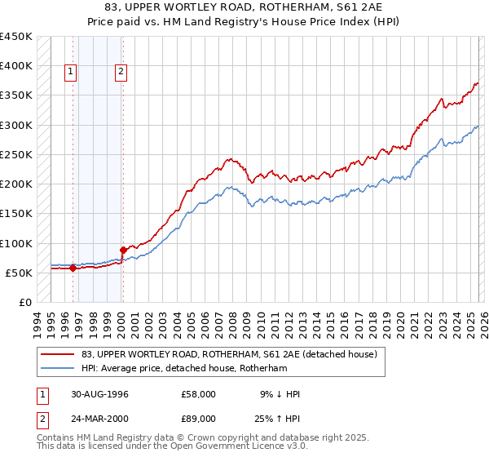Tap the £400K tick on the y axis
tap(16, 66)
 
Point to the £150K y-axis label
tap(16, 214)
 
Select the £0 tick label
tap(24, 303)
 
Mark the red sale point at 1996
tap(73, 267)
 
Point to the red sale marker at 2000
tap(123, 250)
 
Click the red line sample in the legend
tap(59, 355)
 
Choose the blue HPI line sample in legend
tap(59, 369)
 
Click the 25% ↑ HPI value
tap(278, 420)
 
